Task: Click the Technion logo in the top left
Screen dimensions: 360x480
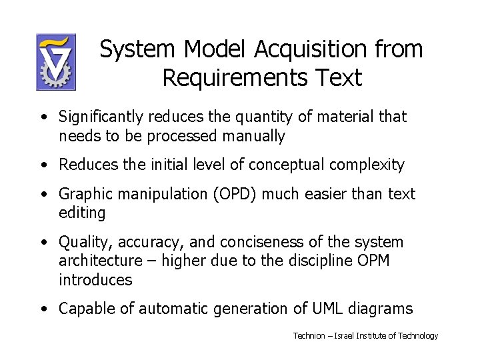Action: click(x=55, y=62)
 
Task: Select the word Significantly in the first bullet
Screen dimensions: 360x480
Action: click(x=101, y=117)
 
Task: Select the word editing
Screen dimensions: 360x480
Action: click(x=82, y=213)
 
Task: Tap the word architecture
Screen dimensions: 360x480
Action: click(x=101, y=261)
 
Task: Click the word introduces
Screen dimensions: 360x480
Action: click(x=95, y=280)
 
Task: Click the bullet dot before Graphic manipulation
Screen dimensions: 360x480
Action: click(x=43, y=195)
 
